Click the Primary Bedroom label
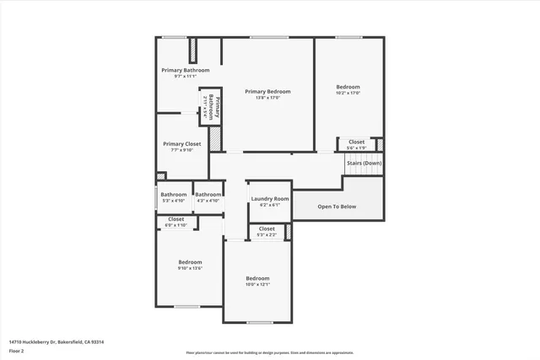click(x=267, y=91)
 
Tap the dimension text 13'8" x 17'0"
click(x=267, y=98)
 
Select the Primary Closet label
click(x=181, y=144)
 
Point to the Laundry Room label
click(x=269, y=199)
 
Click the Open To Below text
click(x=336, y=207)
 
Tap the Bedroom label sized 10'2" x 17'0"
click(x=348, y=87)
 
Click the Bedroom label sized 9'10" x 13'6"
click(x=190, y=262)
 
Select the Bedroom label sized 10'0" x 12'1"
click(x=257, y=278)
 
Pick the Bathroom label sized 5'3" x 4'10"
click(x=174, y=195)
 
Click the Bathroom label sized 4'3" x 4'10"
click(x=208, y=195)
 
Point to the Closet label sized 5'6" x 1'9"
click(x=356, y=142)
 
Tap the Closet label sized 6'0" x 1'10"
click(x=175, y=219)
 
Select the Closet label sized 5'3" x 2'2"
click(x=267, y=228)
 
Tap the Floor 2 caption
click(x=16, y=350)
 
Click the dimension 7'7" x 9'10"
click(x=181, y=151)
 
